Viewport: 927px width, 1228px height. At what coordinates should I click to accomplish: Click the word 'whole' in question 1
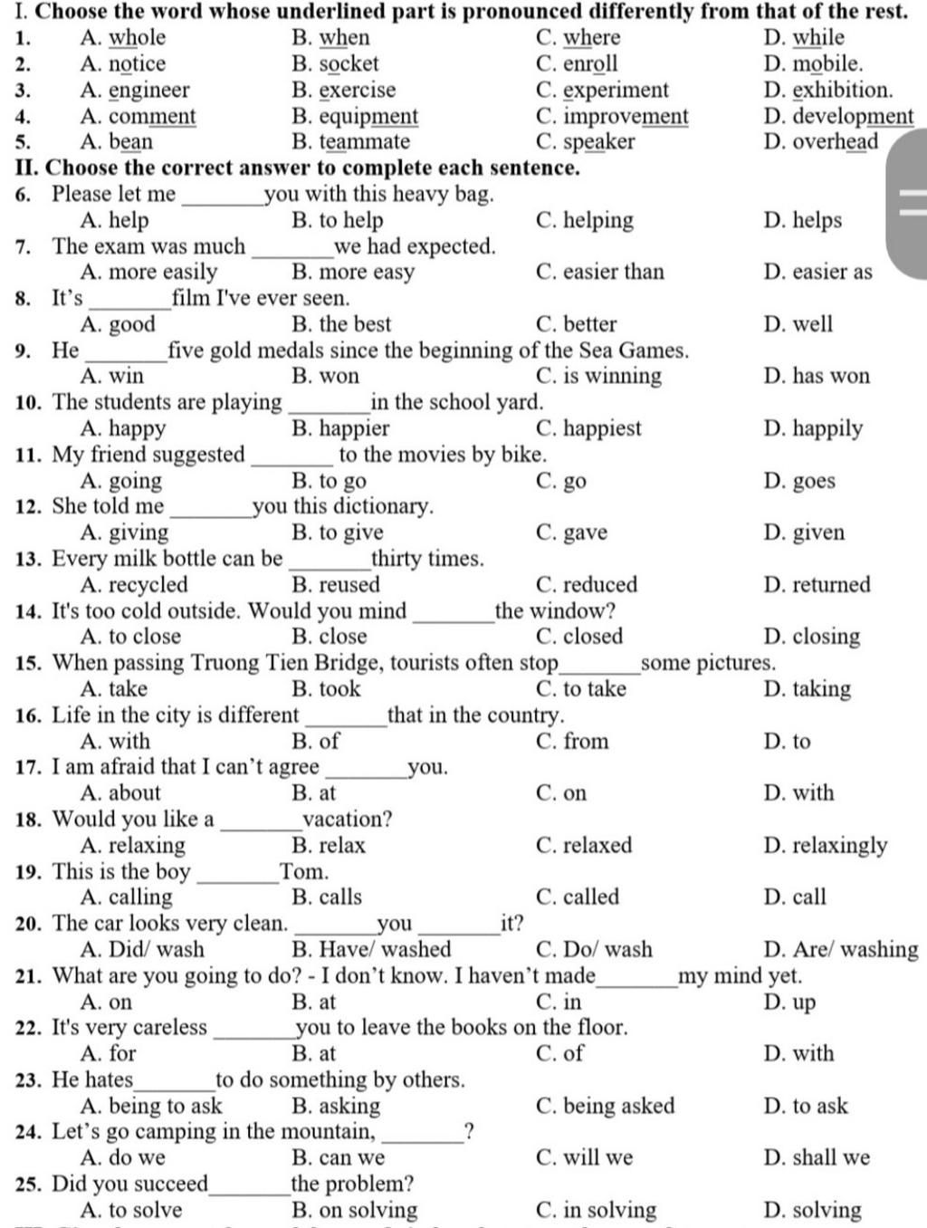pos(137,38)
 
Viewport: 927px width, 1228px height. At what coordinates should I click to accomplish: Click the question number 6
pos(23,195)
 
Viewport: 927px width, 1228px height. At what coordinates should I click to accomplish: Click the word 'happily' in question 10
pos(827,428)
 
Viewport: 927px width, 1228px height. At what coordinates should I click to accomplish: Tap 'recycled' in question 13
pos(148,585)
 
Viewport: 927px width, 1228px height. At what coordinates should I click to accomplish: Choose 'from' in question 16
pos(586,742)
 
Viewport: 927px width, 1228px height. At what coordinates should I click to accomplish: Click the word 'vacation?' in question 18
pos(348,820)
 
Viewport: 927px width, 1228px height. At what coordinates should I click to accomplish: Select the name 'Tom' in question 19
pos(303,872)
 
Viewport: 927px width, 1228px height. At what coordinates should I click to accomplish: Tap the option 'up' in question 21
pos(804,1003)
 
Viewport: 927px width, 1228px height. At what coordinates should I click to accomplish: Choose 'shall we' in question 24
pos(830,1158)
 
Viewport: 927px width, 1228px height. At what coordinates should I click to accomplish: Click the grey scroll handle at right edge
pos(908,203)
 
